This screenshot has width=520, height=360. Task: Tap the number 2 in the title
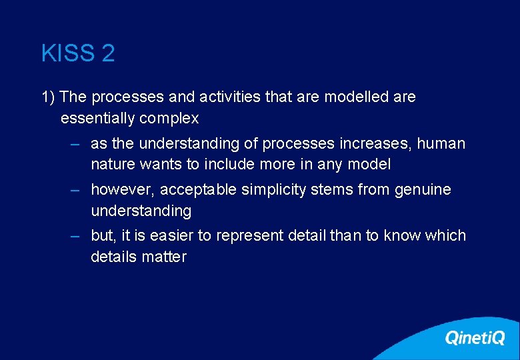coord(108,53)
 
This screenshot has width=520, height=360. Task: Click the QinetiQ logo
coord(475,338)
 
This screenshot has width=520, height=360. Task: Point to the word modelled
coord(356,97)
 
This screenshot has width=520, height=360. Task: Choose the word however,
coord(123,190)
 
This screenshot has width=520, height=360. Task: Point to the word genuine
coord(423,190)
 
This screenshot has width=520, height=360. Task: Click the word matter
coord(165,257)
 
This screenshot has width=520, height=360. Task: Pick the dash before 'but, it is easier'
coord(77,236)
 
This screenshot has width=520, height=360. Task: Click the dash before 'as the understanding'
coord(77,144)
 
